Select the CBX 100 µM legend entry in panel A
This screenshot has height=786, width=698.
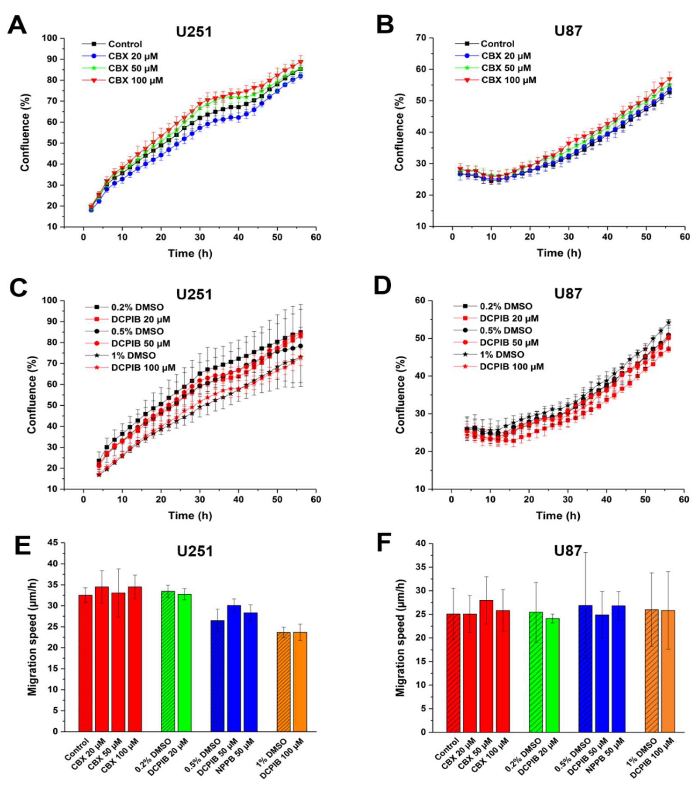pos(135,80)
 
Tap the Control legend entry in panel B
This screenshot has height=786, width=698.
pos(497,44)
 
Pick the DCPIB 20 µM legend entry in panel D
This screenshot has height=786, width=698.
pos(509,318)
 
